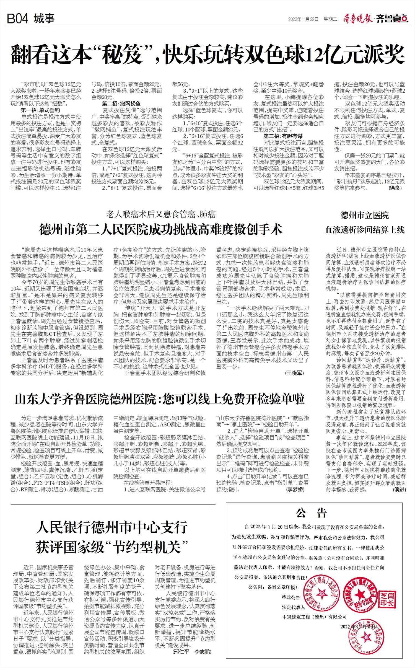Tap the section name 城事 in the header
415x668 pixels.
click(x=45, y=19)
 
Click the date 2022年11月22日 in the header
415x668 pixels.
click(x=303, y=19)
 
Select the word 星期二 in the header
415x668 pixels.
click(x=331, y=19)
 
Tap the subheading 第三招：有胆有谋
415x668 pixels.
click(x=283, y=136)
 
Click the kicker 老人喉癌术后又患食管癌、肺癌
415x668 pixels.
click(x=161, y=214)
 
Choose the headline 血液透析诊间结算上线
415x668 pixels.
click(x=365, y=229)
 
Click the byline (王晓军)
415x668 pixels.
click(x=294, y=373)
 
